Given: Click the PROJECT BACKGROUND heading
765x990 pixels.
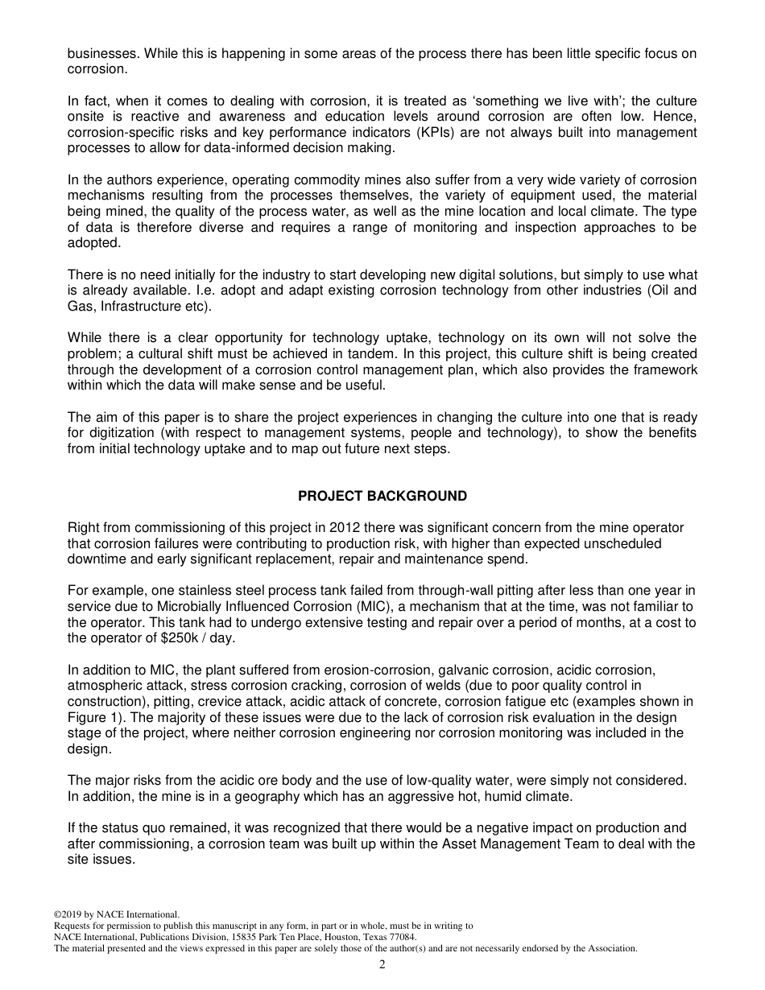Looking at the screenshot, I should click(x=382, y=496).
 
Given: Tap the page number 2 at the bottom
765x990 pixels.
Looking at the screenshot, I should click(x=382, y=964).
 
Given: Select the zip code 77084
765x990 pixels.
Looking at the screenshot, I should click(x=400, y=937).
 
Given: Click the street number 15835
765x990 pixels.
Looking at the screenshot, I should click(x=211, y=937).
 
